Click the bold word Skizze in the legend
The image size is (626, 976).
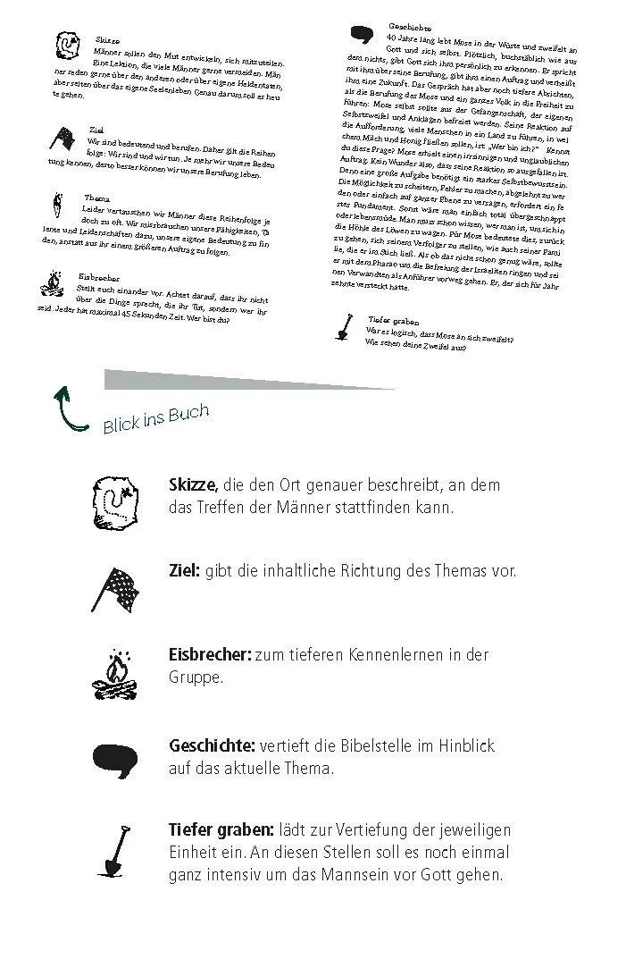pos(192,485)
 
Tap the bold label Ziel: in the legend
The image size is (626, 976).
pos(184,570)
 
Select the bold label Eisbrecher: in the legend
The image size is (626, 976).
pos(210,655)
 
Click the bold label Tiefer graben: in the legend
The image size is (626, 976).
pos(222,830)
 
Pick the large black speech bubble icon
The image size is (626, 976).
pos(116,761)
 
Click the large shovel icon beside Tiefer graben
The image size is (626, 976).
pos(115,852)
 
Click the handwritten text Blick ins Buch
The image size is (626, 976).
pos(155,418)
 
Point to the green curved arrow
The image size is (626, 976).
pos(70,408)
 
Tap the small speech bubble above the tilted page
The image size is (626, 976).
pos(361,36)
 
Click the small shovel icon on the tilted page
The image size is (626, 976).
pos(343,326)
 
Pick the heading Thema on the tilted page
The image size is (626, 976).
pos(96,198)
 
